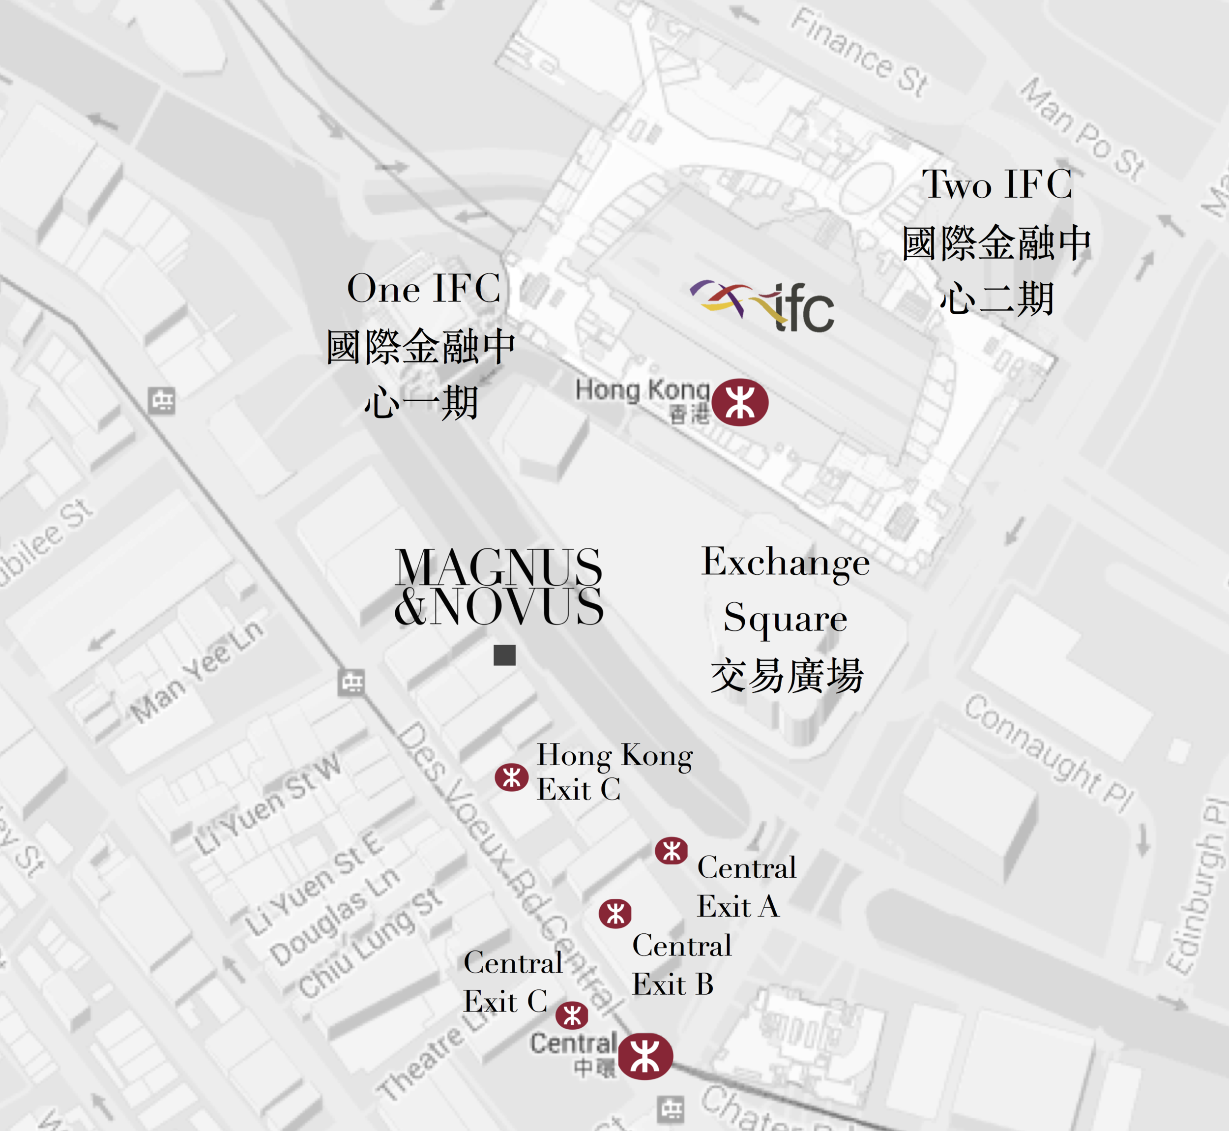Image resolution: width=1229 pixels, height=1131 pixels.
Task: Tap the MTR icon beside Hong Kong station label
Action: point(740,402)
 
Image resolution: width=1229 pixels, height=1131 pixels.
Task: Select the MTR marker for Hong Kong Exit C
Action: point(511,777)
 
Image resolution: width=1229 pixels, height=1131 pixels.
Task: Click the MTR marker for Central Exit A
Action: point(671,851)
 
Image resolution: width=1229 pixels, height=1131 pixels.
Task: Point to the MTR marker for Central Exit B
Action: point(615,914)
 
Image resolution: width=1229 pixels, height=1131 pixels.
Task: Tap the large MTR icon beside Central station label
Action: point(645,1056)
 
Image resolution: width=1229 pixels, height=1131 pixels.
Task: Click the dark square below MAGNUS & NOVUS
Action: point(505,655)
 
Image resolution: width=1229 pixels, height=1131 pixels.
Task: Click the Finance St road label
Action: point(859,52)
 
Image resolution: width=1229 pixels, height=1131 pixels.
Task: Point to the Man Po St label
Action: point(1083,128)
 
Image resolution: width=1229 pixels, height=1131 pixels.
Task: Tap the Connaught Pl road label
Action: point(1049,753)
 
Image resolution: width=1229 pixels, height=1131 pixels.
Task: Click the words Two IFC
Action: point(997,183)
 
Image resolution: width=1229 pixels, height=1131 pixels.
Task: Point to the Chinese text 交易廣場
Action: point(787,675)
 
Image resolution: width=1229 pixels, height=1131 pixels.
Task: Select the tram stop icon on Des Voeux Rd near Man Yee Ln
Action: point(352,682)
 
